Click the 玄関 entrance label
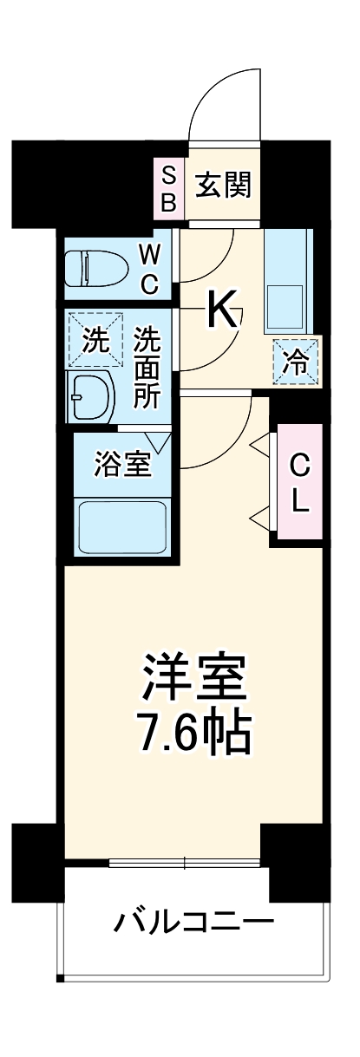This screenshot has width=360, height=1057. tap(223, 185)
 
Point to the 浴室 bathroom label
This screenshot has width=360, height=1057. tap(123, 465)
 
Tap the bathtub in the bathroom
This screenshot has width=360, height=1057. tap(122, 529)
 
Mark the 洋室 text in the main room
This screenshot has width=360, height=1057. tap(196, 679)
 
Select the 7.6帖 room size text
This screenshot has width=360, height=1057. tap(196, 734)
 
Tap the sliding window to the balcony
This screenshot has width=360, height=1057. tap(185, 863)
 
